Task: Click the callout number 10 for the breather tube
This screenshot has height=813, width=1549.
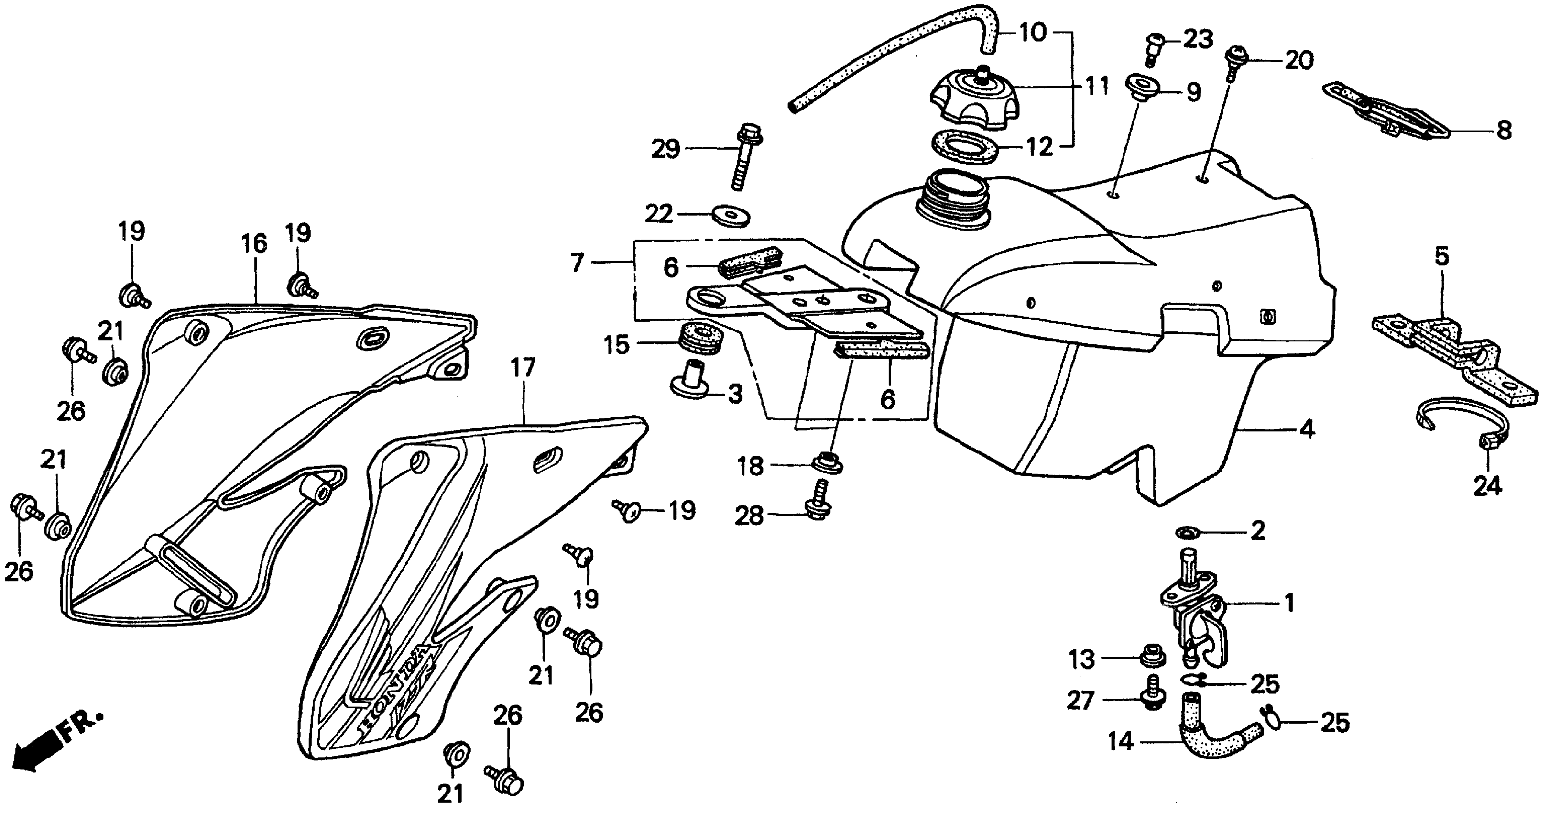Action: point(1033,32)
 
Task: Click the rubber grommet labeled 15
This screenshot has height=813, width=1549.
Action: point(700,341)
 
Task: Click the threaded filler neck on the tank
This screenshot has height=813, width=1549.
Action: point(956,198)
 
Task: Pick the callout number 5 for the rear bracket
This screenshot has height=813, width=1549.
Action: point(1442,257)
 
